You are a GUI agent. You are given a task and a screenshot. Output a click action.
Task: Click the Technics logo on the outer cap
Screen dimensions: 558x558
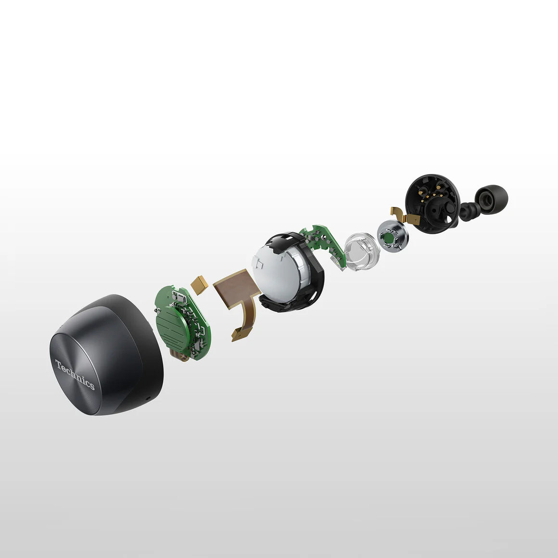pos(75,374)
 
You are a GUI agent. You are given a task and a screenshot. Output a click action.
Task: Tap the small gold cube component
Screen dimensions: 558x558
pos(199,284)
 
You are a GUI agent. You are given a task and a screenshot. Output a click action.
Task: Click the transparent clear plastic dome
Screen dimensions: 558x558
pos(362,251)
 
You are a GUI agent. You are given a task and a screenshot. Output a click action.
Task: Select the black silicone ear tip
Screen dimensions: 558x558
pos(491,199)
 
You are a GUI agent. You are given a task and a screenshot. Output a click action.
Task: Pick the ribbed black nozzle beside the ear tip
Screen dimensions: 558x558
pos(469,211)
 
